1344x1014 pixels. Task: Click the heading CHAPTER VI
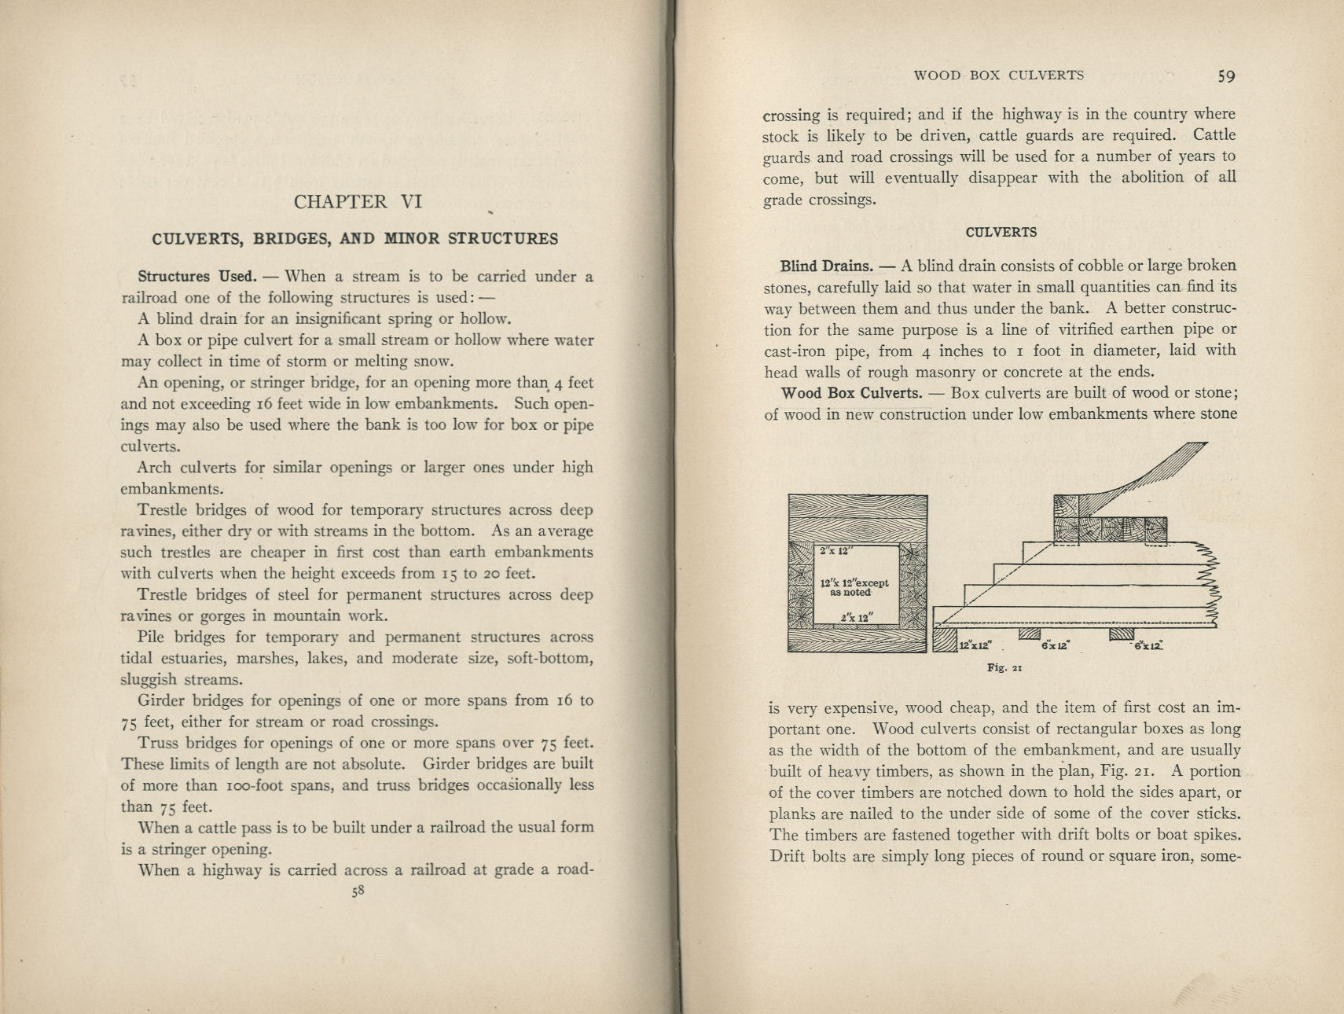(x=358, y=202)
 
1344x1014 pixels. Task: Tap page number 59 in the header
(x=1226, y=76)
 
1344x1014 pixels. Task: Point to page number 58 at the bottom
(x=358, y=891)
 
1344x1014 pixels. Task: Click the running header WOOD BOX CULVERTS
(x=998, y=75)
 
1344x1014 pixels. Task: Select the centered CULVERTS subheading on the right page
(x=1001, y=232)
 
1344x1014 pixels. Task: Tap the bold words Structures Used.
(x=196, y=277)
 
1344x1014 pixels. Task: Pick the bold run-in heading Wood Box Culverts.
(x=851, y=393)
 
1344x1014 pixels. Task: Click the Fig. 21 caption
(x=1004, y=668)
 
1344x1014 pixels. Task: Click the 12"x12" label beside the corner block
(x=975, y=645)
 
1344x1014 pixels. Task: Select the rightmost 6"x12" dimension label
(x=1148, y=645)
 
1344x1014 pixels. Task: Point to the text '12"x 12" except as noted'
(x=854, y=587)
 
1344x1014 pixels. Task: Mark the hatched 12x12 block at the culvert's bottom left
(x=945, y=638)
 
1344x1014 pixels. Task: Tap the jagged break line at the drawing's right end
(x=1212, y=586)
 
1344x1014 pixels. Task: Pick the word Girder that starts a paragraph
(x=160, y=700)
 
